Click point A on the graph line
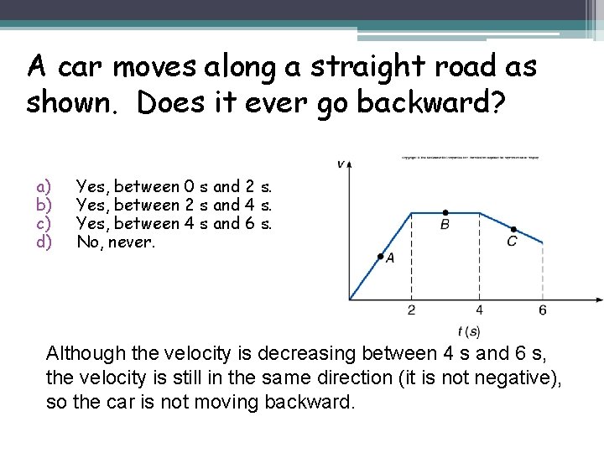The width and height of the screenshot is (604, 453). (381, 255)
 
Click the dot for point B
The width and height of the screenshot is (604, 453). (445, 212)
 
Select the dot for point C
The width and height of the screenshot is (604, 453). (513, 229)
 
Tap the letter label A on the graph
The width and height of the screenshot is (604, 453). (390, 258)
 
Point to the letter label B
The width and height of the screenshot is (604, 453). (445, 225)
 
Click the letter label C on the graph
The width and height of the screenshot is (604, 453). (512, 242)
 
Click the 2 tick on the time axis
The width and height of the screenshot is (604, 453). (411, 310)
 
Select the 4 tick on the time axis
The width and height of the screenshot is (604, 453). (479, 310)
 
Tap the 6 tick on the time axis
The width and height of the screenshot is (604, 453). (543, 310)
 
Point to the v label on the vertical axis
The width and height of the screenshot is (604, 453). (341, 164)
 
